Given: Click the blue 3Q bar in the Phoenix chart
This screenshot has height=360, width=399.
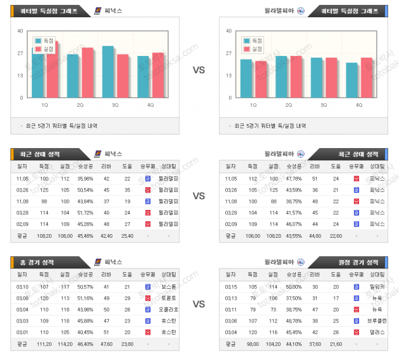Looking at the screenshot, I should tap(108, 71).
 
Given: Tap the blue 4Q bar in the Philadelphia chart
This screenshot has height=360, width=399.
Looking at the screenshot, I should tap(351, 80).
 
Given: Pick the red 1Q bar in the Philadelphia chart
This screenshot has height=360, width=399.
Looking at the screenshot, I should tap(261, 79).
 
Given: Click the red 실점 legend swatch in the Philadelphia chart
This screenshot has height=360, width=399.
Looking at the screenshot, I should tap(246, 48).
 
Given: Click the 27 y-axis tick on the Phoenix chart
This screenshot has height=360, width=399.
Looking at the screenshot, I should tap(20, 53).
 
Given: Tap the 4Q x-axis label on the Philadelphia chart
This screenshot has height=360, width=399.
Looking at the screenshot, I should tap(359, 105).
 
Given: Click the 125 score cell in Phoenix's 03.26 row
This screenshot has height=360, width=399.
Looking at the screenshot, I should tap(65, 190).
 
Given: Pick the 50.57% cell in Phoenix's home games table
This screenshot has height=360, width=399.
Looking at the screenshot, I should tap(85, 287).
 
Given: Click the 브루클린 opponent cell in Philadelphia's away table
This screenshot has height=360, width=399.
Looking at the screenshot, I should tap(376, 320).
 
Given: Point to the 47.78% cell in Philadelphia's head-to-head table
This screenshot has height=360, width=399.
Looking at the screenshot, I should tap(293, 179).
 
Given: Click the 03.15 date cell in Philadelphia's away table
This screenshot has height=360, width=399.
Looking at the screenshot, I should tap(231, 287).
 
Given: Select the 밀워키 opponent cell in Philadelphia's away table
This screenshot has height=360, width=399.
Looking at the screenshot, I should tap(376, 287).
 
